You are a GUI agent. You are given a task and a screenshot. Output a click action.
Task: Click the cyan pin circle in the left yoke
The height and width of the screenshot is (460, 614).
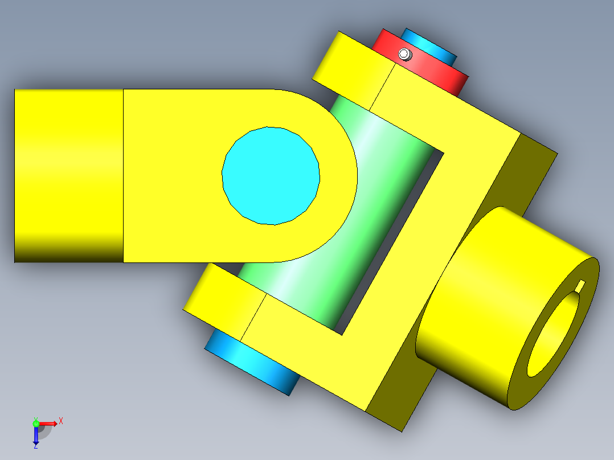point(271,175)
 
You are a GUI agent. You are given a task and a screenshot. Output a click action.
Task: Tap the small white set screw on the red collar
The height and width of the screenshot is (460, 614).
point(404,54)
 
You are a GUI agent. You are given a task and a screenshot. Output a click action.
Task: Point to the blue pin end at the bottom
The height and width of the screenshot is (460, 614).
point(251,364)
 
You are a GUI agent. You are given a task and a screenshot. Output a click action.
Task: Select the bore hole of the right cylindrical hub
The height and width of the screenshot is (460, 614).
point(555,336)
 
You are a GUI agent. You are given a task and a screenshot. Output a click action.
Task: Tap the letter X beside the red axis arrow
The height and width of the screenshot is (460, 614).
point(61,421)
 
